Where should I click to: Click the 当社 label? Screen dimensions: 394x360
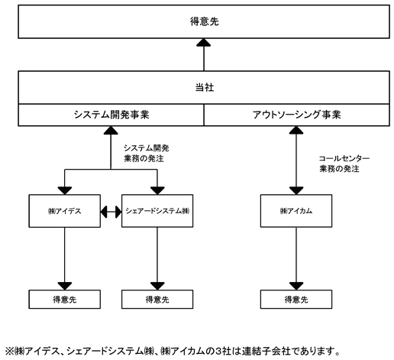point(205,88)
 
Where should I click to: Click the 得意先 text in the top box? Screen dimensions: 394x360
point(205,21)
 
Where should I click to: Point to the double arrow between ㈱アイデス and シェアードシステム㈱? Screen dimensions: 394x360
point(111,212)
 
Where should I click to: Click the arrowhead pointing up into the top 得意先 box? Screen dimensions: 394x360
point(204,43)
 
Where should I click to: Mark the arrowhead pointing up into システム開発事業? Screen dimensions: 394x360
point(111,130)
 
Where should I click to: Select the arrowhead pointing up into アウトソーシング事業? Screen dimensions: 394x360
point(296,130)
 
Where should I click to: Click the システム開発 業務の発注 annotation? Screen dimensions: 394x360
point(147,154)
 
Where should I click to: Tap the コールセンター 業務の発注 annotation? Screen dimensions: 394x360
point(344,164)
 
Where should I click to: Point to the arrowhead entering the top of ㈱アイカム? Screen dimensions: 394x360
point(296,190)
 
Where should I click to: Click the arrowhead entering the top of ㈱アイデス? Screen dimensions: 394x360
point(65,190)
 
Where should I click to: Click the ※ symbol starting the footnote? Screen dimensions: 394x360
point(9,352)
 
